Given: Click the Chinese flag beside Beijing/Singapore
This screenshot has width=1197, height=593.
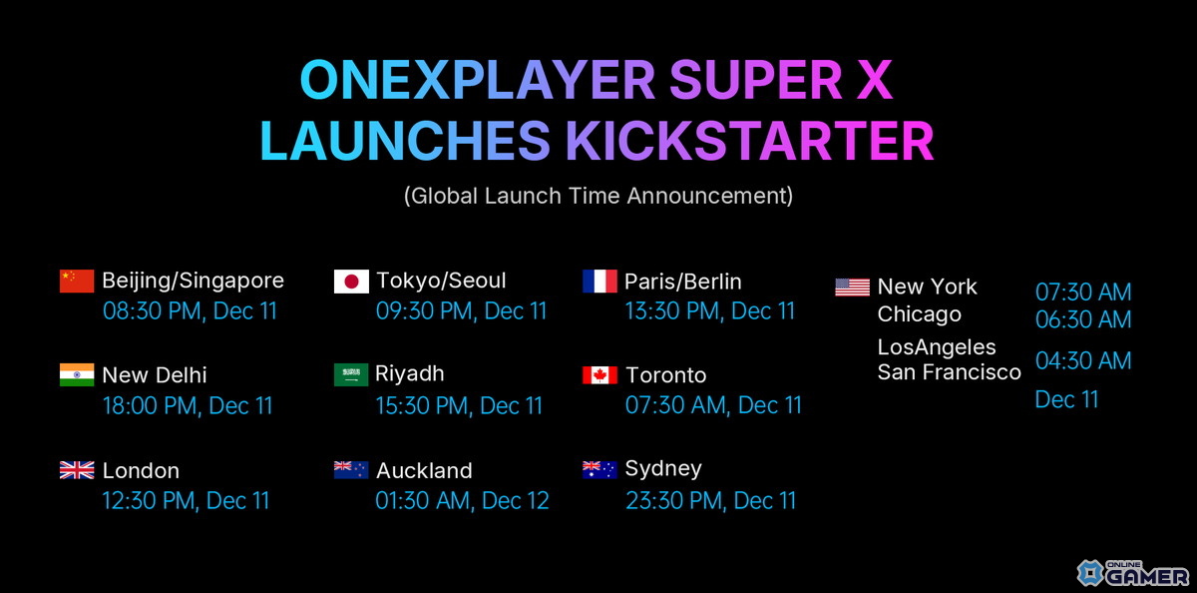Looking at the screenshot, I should click(77, 281).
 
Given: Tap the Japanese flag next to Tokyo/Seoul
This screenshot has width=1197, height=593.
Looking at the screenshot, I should click(351, 281).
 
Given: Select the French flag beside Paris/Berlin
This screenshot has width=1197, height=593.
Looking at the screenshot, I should click(599, 281).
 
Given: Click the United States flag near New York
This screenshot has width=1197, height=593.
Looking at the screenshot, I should click(852, 288).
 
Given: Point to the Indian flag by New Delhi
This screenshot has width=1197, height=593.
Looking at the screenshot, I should click(77, 374).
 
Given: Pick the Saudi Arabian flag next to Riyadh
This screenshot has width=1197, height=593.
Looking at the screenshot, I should click(351, 374).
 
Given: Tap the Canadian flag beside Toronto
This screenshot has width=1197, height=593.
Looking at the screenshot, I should click(599, 375).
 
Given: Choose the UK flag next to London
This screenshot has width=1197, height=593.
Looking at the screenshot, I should click(77, 470).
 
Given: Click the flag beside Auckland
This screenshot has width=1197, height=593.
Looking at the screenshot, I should click(351, 470).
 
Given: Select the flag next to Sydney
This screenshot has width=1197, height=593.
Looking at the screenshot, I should click(599, 469).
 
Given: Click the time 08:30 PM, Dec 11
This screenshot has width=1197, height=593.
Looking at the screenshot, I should click(190, 310).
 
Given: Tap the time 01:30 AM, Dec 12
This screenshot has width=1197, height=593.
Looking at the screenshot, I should click(462, 500).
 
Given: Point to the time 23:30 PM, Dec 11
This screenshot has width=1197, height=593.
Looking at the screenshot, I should click(710, 500).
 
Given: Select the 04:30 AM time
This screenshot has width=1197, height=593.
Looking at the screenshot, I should click(1083, 360).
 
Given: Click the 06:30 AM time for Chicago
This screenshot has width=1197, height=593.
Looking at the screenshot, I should click(1083, 319).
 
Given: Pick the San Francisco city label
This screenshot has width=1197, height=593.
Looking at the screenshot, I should click(949, 372).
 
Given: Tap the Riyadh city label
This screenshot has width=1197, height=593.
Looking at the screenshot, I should click(409, 374).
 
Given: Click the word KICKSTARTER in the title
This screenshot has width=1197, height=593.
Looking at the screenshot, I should click(749, 142).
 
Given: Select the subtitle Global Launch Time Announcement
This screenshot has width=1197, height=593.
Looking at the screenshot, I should click(598, 196).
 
